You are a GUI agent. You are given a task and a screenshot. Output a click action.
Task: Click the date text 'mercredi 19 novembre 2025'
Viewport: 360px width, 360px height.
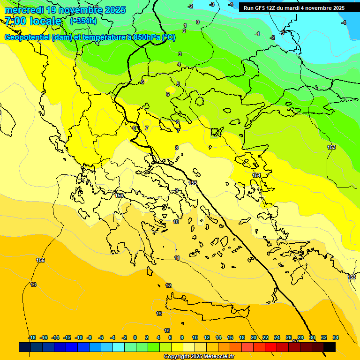pyautogui.click(x=65, y=10)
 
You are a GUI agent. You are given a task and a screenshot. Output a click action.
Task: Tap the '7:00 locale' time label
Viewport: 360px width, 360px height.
pyautogui.click(x=33, y=21)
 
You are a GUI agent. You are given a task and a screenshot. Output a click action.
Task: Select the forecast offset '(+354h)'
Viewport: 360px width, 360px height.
pyautogui.click(x=83, y=21)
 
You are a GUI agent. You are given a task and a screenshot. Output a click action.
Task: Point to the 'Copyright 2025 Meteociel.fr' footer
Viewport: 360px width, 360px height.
pyautogui.click(x=199, y=357)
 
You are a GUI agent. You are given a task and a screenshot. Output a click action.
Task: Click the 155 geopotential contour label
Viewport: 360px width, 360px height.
pyautogui.click(x=193, y=183)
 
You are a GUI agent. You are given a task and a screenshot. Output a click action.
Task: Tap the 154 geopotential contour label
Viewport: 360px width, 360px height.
pyautogui.click(x=256, y=175)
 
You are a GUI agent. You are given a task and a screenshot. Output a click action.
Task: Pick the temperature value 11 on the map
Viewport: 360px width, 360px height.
pyautogui.click(x=177, y=258)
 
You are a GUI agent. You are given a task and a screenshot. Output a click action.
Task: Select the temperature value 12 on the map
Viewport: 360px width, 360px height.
pyautogui.click(x=168, y=285)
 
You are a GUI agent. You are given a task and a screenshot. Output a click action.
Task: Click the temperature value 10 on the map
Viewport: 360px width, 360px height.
pyautogui.click(x=176, y=222)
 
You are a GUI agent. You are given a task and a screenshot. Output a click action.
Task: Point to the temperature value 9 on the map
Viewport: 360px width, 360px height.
pyautogui.click(x=176, y=190)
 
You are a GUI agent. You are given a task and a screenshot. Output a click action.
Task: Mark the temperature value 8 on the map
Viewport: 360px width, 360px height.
pyautogui.click(x=177, y=148)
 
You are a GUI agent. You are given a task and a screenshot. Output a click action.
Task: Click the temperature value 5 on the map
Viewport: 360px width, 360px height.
pyautogui.click(x=178, y=84)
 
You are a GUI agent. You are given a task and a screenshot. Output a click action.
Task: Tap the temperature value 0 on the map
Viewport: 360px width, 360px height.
pyautogui.click(x=197, y=22)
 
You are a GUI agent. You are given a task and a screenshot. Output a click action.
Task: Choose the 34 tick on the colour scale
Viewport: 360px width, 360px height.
pyautogui.click(x=335, y=337)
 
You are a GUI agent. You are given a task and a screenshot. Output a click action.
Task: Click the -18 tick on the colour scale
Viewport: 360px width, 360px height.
pyautogui.click(x=32, y=337)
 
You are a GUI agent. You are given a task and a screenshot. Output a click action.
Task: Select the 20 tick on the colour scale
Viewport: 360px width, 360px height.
pyautogui.click(x=253, y=337)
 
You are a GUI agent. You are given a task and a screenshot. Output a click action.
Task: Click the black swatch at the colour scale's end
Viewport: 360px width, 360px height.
pyautogui.click(x=330, y=347)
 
